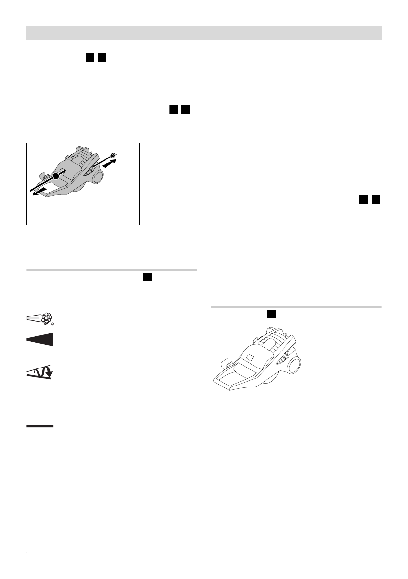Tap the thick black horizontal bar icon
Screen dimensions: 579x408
40,425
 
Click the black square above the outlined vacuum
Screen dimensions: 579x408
271,314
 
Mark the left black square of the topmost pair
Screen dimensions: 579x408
89,58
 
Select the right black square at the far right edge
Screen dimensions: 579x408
376,199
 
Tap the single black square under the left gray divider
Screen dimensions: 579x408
147,277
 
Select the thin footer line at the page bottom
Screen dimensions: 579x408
204,553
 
